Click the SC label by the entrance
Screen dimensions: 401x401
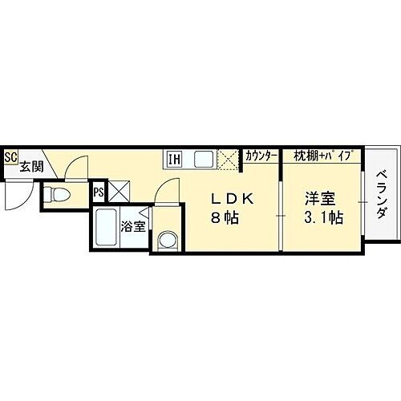coord(10,157)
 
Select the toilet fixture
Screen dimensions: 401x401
coord(57,194)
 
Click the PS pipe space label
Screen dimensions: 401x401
coord(98,192)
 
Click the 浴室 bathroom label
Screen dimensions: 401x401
coord(132,226)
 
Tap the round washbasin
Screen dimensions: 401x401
coord(167,239)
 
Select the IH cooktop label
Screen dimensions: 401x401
coord(173,158)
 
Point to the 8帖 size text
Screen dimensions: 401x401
coord(225,217)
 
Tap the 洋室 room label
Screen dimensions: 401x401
coord(318,199)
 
